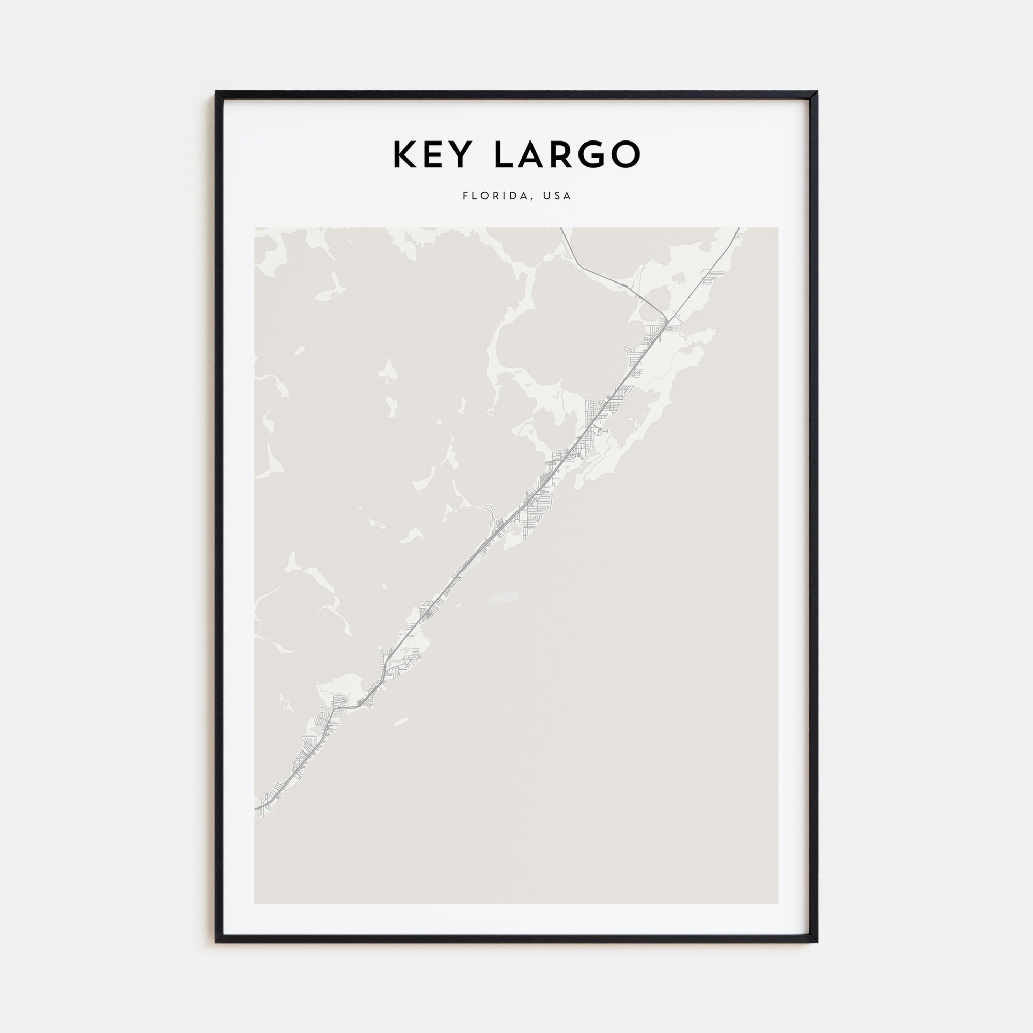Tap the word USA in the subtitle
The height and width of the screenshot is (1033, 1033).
coord(557,196)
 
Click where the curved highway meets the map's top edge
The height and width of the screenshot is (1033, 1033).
coord(561,228)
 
